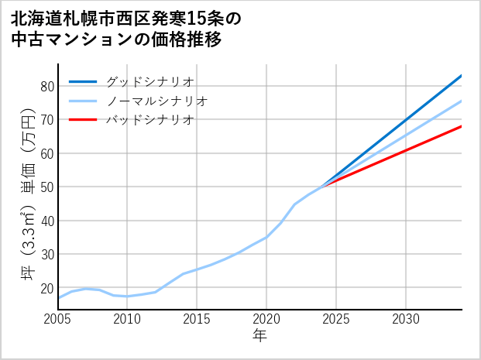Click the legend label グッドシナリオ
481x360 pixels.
[x=149, y=81]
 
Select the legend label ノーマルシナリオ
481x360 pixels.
[x=156, y=101]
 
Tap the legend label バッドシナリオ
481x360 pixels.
[x=149, y=120]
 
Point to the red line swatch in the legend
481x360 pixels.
[x=83, y=120]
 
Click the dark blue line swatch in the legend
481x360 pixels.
[x=83, y=81]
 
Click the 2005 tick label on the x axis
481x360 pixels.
[x=57, y=319]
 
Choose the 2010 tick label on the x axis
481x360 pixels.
[x=127, y=319]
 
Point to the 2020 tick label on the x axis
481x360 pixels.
[x=266, y=319]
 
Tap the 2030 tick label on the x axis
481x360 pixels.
[x=406, y=319]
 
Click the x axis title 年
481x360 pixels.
[x=259, y=336]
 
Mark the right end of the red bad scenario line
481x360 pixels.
[x=462, y=126]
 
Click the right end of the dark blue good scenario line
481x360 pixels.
[x=462, y=75]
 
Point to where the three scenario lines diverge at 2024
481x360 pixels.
[x=322, y=187]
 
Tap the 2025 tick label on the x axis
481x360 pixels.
[x=336, y=319]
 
